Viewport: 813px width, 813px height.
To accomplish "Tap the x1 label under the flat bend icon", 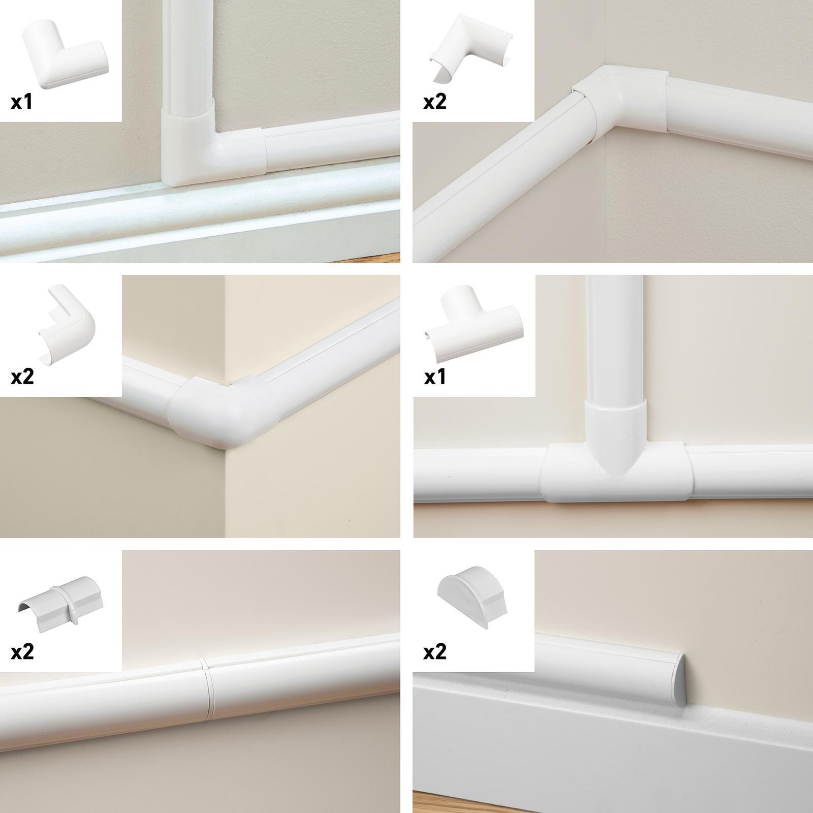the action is click(21, 102).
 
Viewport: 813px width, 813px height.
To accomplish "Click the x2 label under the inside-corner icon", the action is click(434, 102).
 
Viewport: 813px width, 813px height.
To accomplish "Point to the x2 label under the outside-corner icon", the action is click(22, 377).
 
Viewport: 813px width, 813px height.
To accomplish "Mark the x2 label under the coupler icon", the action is click(22, 652).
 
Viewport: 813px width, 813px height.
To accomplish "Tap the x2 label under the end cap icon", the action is click(434, 652).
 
